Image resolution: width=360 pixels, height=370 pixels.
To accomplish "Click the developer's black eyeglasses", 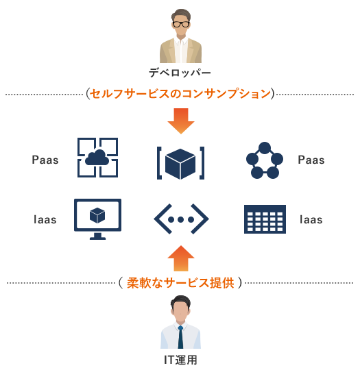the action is (181, 24).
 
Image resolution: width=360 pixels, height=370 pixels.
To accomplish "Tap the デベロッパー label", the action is (180, 73).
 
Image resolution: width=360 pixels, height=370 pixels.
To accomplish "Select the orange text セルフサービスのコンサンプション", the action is (180, 94).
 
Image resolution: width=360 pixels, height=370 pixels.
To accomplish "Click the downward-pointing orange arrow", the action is (181, 121).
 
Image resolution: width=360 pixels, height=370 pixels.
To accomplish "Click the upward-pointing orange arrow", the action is (181, 258).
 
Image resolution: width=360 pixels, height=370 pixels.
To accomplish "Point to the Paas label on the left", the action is (45, 160).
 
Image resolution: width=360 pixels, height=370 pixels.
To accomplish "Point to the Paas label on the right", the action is (311, 160).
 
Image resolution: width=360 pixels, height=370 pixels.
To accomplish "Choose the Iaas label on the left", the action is (45, 220).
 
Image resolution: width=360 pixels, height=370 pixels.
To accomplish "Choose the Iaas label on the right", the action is (311, 220).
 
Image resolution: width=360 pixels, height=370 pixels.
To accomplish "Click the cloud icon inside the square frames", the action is (97, 158).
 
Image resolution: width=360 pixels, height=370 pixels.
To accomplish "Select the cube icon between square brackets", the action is (181, 163).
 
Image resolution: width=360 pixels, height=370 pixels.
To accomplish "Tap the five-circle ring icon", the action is (265, 160).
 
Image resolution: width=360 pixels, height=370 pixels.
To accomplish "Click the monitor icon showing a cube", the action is (97, 219).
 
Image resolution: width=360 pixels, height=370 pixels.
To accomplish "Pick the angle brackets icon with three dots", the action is (181, 219).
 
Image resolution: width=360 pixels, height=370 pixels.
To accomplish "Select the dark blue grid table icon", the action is (265, 219).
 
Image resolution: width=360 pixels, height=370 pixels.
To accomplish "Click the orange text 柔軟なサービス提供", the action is (180, 283).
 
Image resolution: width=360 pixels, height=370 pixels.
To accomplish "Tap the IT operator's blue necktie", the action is (180, 337).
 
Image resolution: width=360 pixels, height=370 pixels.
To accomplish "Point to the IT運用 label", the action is (180, 360).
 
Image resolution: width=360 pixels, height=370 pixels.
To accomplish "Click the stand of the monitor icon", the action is (97, 236).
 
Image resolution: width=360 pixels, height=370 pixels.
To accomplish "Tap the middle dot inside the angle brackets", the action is (181, 220).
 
